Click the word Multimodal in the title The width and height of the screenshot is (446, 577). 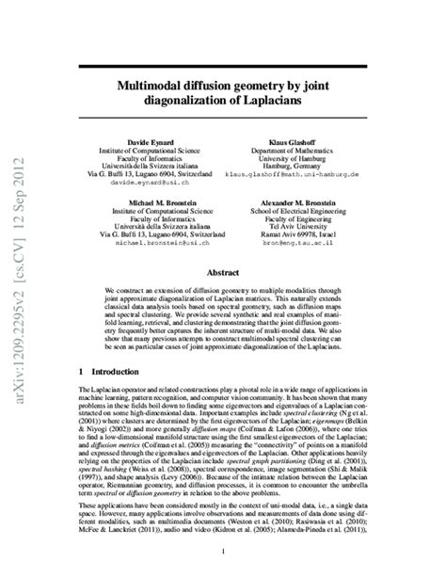click(158, 85)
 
